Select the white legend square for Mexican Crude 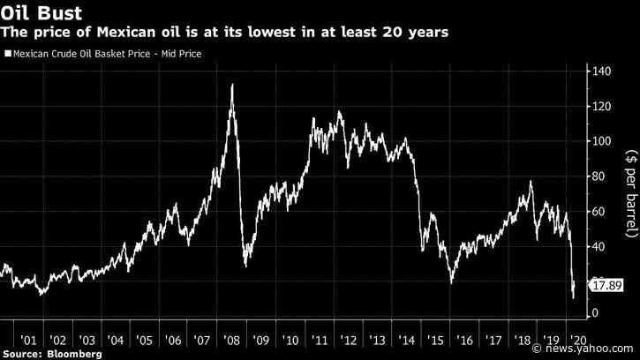pyautogui.click(x=7, y=56)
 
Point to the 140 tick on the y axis pyautogui.click(x=603, y=71)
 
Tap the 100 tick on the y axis pyautogui.click(x=603, y=141)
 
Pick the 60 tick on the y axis pyautogui.click(x=600, y=210)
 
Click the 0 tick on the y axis pyautogui.click(x=597, y=313)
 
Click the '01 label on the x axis pyautogui.click(x=29, y=340)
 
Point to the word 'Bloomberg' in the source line pyautogui.click(x=74, y=353)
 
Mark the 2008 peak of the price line pyautogui.click(x=231, y=85)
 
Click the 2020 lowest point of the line pyautogui.click(x=574, y=297)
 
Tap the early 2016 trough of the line pyautogui.click(x=451, y=282)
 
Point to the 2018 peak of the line pyautogui.click(x=531, y=181)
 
